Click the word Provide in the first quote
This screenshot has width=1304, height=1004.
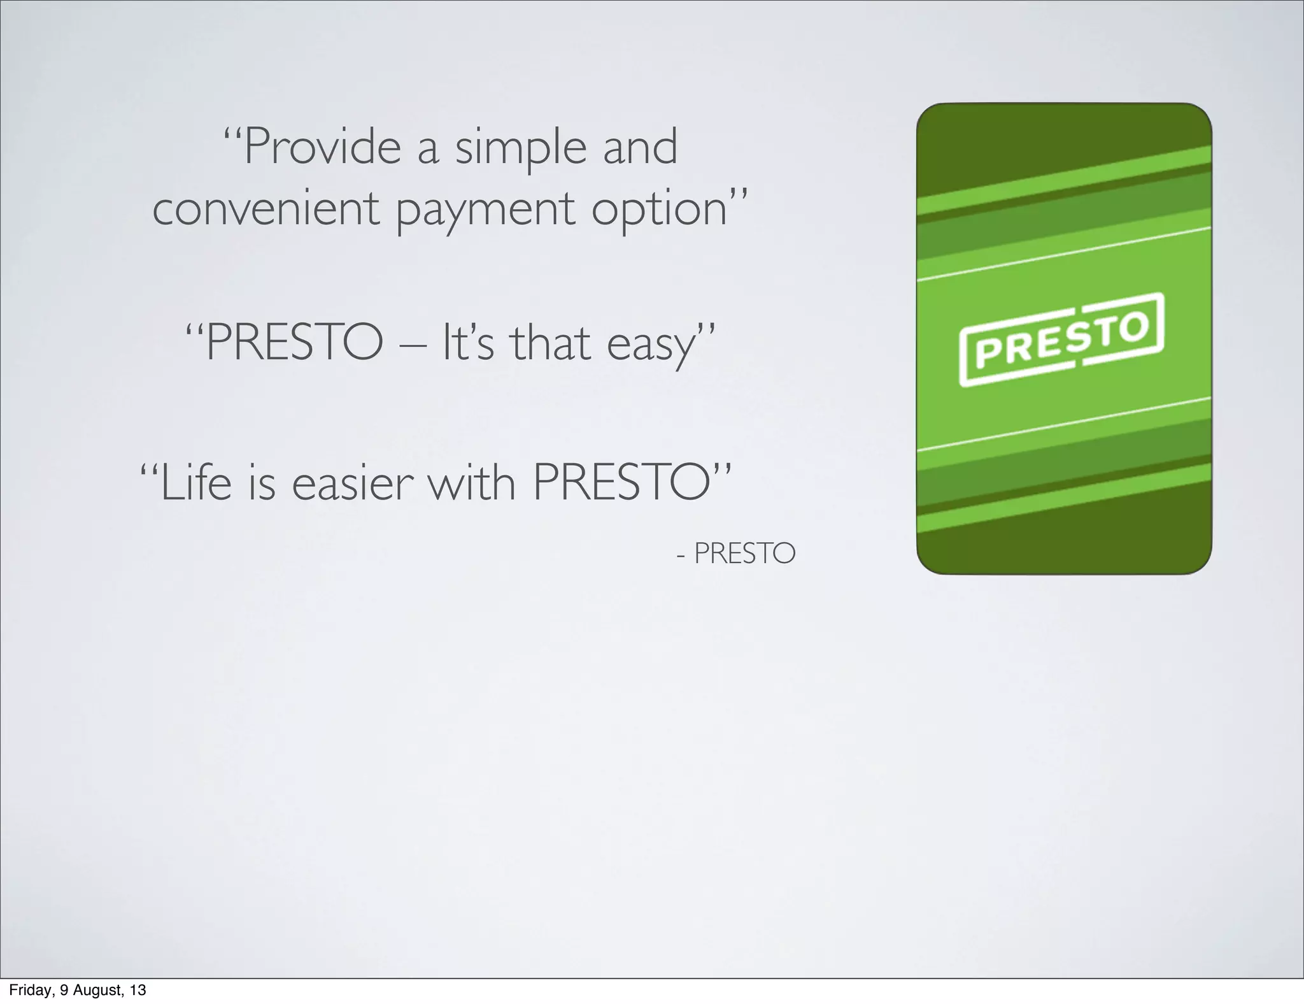[322, 148]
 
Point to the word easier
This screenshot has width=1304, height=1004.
[353, 483]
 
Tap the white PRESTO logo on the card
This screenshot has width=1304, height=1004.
[1062, 340]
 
